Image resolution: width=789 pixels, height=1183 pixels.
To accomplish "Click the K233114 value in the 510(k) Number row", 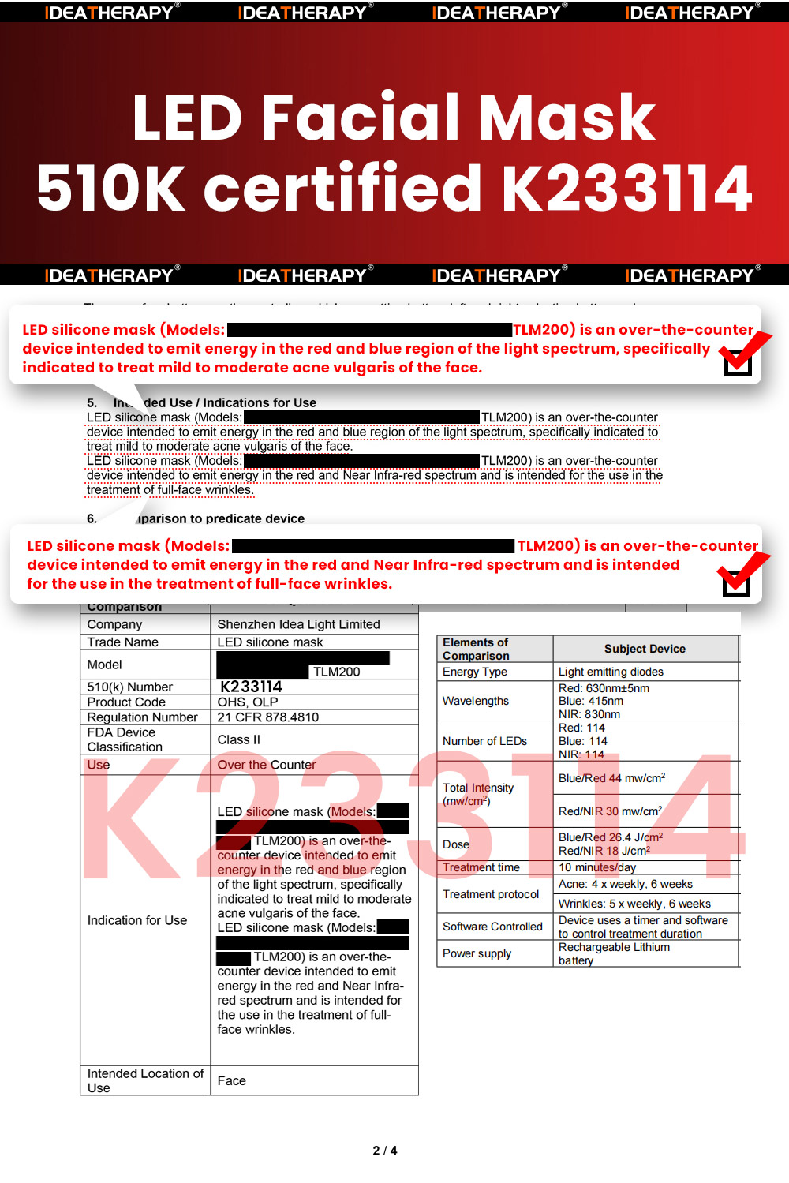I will (251, 687).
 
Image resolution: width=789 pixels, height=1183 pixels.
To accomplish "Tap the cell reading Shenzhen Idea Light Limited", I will (298, 624).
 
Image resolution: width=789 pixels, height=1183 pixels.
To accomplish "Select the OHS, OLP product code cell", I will (248, 702).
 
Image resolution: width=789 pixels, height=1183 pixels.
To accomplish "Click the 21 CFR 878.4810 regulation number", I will (268, 717).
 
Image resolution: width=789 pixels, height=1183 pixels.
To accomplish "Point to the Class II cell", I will (238, 739).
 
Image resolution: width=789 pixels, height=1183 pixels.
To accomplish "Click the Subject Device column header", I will (645, 649).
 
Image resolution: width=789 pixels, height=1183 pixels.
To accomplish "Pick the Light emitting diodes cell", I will (611, 672).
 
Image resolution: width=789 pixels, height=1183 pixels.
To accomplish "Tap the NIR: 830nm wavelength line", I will (589, 714).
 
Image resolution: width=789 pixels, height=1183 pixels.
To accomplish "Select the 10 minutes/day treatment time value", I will (597, 867).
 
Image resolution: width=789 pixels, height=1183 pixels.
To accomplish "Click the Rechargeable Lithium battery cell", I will (614, 953).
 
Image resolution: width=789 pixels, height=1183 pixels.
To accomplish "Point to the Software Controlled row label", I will (492, 927).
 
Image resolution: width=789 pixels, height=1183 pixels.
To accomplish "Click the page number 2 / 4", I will (385, 1151).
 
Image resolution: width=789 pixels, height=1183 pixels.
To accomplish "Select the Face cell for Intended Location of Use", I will (232, 1080).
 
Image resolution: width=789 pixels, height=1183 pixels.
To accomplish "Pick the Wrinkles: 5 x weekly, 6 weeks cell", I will (634, 904).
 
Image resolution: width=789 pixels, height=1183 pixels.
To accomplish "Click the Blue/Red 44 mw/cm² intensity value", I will (611, 778).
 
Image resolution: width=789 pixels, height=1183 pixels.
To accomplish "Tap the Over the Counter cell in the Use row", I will (267, 765).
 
